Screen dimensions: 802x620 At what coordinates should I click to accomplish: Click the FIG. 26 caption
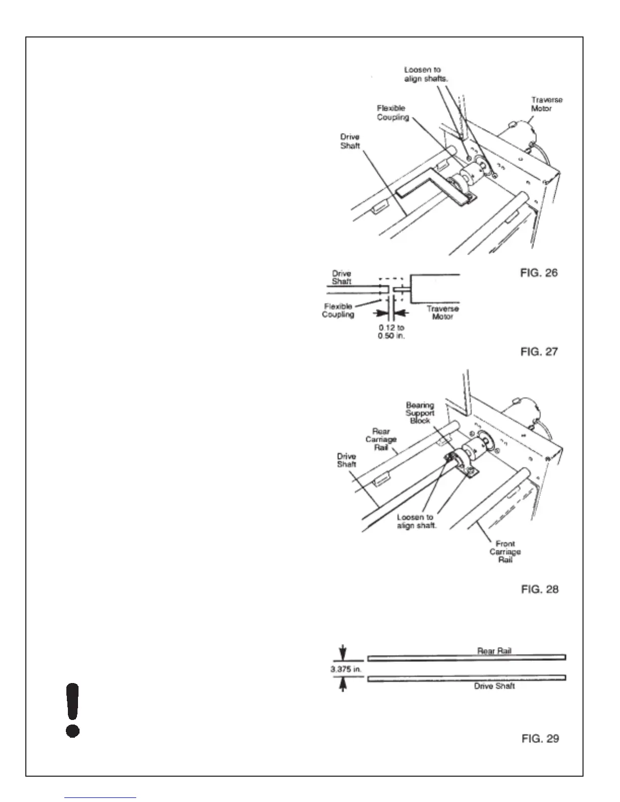click(x=539, y=273)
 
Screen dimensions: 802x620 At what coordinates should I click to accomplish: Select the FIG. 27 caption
click(x=539, y=351)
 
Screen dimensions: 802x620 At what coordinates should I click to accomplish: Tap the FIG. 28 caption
click(x=539, y=589)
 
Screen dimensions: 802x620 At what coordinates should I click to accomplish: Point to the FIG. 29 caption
click(x=540, y=739)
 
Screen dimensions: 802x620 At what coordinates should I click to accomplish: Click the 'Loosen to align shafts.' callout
click(x=422, y=74)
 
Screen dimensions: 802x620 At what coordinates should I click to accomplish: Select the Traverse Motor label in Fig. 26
click(x=547, y=104)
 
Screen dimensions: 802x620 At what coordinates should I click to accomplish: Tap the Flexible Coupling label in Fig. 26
click(x=393, y=113)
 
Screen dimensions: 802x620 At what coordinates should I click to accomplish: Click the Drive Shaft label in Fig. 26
click(x=350, y=141)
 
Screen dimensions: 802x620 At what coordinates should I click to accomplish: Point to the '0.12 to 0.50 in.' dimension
click(x=391, y=332)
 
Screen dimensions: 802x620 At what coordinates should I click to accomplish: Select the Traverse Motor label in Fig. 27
click(x=442, y=312)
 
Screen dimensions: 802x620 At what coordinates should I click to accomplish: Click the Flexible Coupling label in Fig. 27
click(x=338, y=310)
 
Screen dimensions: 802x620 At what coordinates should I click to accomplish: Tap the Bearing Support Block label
click(x=420, y=413)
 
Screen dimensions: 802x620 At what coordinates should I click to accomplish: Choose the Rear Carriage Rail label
click(x=381, y=439)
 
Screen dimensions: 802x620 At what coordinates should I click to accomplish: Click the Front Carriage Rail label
click(x=505, y=551)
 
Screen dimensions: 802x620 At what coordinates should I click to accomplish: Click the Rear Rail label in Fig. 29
click(x=494, y=651)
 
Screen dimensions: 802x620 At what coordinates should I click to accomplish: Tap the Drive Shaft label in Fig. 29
click(x=494, y=686)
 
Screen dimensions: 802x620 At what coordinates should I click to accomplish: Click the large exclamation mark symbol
click(x=73, y=710)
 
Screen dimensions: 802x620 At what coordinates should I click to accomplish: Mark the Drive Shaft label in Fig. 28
click(x=346, y=460)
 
